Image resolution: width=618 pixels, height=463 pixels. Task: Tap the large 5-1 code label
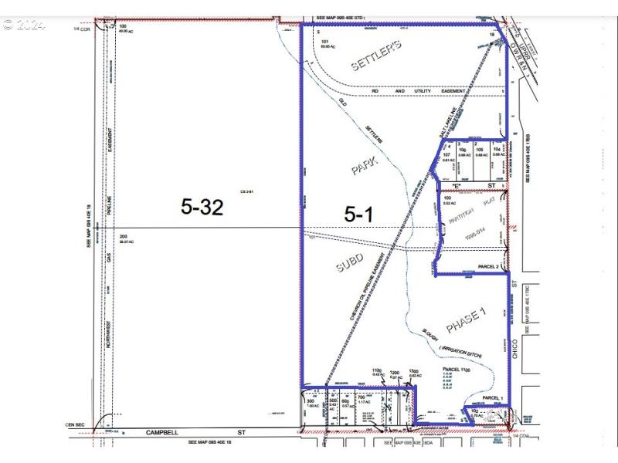tap(358, 215)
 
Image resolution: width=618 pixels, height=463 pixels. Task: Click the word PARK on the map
tap(364, 166)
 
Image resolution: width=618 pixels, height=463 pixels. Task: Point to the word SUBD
tap(349, 265)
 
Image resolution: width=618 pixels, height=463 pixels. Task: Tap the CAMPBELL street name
tap(168, 434)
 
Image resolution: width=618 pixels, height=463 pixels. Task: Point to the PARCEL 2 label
tap(489, 267)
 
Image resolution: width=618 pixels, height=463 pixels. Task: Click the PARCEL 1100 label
tap(457, 370)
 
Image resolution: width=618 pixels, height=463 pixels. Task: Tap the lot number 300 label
tap(312, 401)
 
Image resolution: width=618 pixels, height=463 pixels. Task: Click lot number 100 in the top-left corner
tap(123, 26)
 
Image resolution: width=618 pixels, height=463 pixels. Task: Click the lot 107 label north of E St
tap(447, 154)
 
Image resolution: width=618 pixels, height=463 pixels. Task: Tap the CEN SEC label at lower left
tap(74, 425)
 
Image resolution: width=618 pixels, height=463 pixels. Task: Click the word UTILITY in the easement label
tap(423, 91)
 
